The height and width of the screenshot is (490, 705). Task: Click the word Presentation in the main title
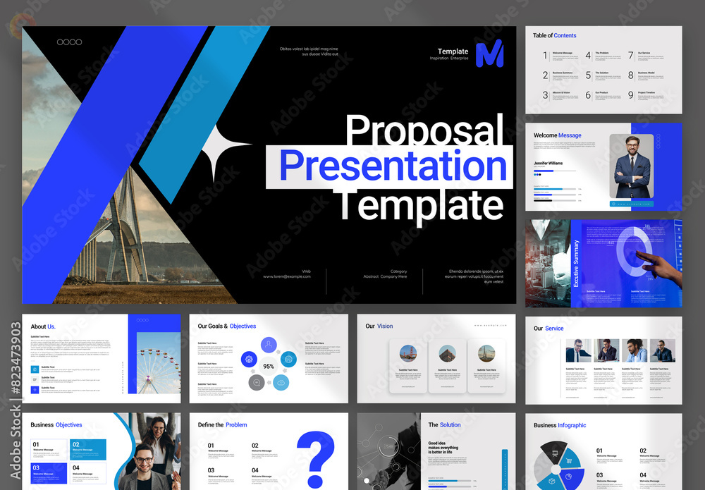coord(393,166)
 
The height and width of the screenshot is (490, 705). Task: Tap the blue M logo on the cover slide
coord(489,54)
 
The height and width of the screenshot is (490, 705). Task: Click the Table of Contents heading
coord(554,35)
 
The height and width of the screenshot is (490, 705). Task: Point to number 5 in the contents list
coord(589,75)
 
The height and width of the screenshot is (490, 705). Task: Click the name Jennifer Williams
coord(548,163)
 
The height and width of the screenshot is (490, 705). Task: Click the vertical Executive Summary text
coord(576,264)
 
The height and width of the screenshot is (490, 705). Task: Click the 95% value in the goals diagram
coord(269,367)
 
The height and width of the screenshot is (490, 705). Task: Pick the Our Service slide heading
coord(548,329)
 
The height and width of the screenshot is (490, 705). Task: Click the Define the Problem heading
coord(222,425)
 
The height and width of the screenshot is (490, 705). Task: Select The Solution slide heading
coord(444,425)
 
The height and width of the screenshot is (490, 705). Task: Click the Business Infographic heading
coord(560,425)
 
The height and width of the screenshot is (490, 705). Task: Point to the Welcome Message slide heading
coord(558,135)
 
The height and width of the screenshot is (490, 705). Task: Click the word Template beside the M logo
coord(453,51)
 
